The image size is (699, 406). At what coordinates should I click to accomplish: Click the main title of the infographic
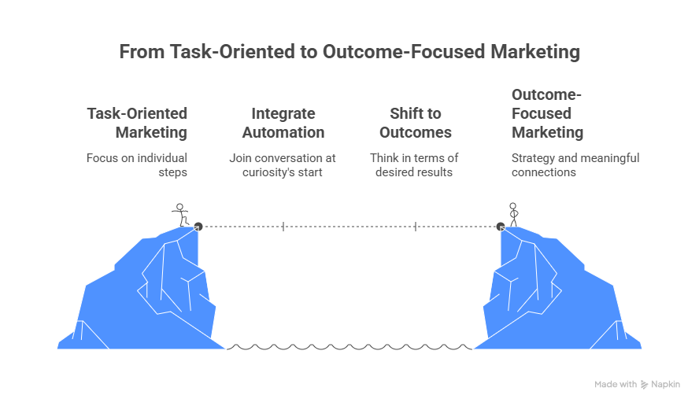349,53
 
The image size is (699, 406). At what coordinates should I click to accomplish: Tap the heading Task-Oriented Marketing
137,123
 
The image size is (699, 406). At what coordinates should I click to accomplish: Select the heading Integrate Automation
283,123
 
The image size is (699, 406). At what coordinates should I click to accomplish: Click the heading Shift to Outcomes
415,123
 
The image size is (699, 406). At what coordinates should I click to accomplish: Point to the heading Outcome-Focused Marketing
547,113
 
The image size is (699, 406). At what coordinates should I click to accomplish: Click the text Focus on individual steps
137,164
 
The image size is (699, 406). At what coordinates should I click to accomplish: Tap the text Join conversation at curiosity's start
283,164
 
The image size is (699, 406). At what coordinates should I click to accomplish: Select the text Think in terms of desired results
415,164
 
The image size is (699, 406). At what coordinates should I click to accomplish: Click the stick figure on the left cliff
181,215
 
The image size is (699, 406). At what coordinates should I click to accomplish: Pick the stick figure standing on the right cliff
513,214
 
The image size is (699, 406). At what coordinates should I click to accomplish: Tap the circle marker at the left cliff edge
198,226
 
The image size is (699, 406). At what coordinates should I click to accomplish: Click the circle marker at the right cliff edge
500,227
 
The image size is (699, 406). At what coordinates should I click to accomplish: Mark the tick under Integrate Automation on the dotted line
283,227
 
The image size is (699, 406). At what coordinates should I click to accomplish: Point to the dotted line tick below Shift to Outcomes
415,227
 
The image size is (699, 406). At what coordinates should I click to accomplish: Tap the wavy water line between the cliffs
349,346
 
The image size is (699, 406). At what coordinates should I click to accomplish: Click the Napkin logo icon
645,385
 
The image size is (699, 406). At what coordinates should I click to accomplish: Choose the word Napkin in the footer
666,385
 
